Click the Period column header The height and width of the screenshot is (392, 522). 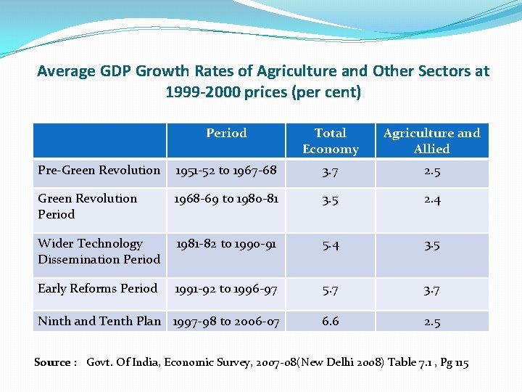226,133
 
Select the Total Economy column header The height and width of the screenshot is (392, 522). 331,141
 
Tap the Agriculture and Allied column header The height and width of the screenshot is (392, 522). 431,141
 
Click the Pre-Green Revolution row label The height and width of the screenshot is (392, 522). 99,170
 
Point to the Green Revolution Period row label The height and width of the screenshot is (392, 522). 87,206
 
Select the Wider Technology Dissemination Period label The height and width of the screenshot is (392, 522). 99,251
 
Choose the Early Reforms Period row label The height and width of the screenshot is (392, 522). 97,288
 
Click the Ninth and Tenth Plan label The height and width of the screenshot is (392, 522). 99,321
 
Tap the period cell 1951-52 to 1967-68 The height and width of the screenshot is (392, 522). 225,171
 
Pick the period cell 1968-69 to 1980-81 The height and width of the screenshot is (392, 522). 225,198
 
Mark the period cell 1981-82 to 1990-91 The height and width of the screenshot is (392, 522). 225,244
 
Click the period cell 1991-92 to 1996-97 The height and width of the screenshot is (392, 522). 225,289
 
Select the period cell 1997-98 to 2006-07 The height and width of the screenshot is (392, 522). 225,322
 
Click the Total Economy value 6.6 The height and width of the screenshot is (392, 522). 331,322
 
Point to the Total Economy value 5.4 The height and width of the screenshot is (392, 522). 331,245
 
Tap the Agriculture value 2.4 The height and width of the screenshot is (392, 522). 432,199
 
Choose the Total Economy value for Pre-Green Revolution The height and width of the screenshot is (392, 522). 331,171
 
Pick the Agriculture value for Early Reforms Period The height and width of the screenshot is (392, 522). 432,290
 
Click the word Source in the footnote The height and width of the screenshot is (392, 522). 51,362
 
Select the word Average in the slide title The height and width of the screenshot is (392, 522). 66,71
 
